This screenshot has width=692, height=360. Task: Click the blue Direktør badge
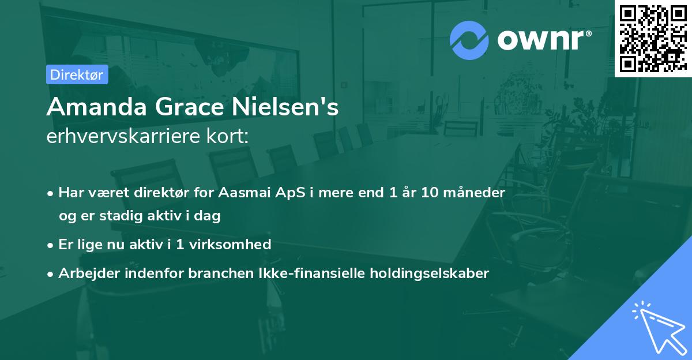77,74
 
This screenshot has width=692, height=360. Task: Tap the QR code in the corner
653,38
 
